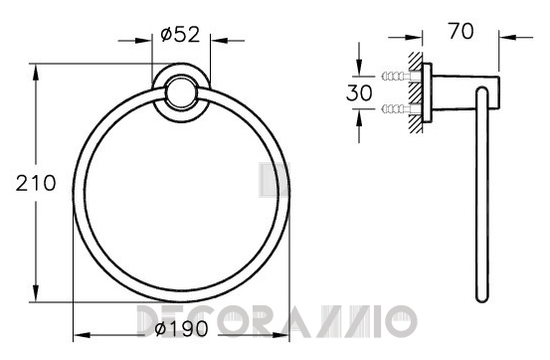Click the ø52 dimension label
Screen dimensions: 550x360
pos(180,35)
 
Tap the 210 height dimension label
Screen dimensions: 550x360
pos(36,183)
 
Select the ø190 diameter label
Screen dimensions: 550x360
pos(181,329)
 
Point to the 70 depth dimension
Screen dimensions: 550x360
pos(460,31)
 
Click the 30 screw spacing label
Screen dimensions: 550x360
pos(359,92)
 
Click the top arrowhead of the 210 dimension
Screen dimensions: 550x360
pos(36,72)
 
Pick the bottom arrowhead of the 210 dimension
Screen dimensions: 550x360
pos(36,293)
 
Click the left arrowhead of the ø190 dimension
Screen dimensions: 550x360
pos(81,335)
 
